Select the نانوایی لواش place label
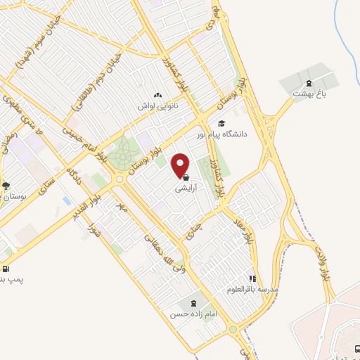[161, 105]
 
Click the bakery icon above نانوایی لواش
[157, 94]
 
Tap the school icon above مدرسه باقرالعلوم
[252, 278]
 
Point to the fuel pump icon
[6, 268]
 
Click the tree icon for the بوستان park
[6, 186]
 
